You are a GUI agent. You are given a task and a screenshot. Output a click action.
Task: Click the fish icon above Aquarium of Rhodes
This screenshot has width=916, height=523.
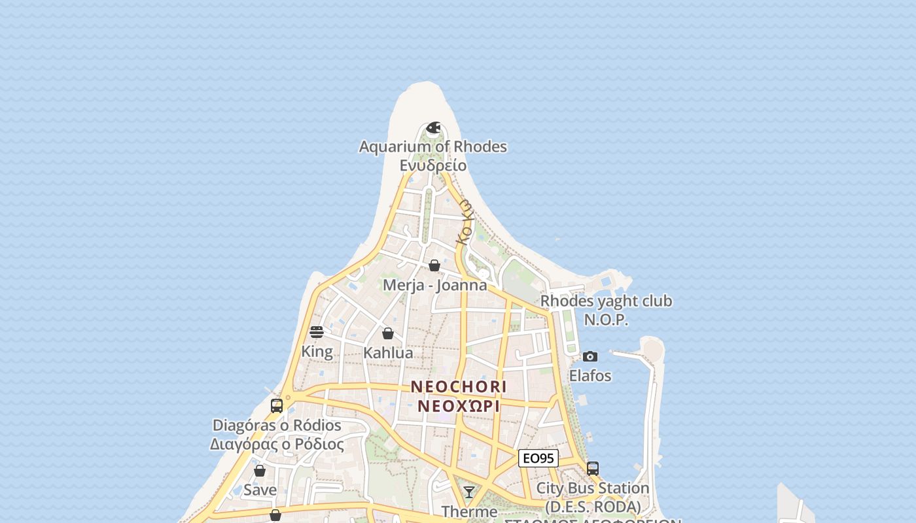433,127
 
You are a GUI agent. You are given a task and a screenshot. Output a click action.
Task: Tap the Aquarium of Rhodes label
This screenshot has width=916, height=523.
433,146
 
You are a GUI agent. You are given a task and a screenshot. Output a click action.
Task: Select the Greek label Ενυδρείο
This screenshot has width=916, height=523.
433,165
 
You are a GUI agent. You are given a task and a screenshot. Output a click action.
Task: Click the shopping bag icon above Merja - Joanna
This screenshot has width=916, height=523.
434,265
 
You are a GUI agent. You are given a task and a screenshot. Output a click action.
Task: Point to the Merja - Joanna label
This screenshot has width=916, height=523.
434,285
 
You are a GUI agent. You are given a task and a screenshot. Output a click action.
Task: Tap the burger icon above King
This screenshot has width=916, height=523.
317,332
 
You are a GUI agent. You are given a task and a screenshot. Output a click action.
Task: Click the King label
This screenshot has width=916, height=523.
317,352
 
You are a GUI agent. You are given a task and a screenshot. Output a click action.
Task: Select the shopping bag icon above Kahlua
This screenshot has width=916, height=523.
388,333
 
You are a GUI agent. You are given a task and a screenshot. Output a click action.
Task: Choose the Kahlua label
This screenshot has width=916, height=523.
388,353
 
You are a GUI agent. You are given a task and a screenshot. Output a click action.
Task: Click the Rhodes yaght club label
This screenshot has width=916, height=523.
606,301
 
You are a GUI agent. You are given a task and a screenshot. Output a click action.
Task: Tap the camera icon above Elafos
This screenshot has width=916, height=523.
590,356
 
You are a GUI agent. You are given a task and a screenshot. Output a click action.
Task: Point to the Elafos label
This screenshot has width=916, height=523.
590,376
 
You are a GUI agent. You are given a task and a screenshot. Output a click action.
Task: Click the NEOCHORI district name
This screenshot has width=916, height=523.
459,387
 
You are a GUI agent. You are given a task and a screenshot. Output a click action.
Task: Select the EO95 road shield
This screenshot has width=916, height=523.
538,458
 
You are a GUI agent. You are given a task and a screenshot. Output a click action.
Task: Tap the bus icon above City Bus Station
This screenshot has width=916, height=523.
593,469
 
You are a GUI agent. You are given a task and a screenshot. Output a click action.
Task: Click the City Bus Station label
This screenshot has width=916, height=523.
593,488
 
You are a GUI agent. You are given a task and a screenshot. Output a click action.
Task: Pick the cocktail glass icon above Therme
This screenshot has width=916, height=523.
469,492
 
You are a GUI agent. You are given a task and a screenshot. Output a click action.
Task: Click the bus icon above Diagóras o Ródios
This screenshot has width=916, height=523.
277,405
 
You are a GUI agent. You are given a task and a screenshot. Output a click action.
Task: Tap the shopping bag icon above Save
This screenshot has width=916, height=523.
260,471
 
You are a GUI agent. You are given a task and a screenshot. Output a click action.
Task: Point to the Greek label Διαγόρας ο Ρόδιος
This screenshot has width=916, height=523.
277,445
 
